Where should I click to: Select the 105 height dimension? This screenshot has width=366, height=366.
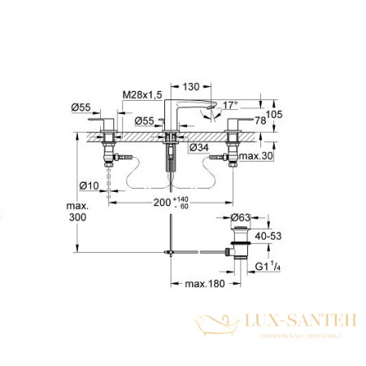coord(275,115)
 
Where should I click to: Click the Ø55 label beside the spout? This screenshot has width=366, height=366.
coord(146,121)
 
